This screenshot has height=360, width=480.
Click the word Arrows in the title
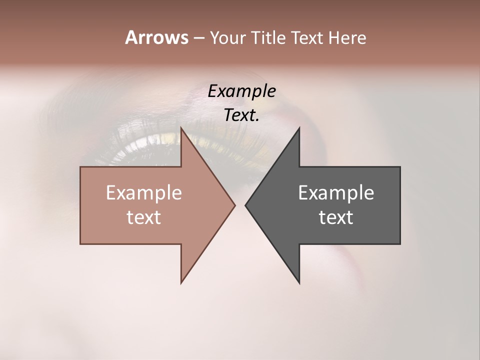[156, 37]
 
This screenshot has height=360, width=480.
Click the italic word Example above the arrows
[241, 91]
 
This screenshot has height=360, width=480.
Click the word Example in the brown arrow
[144, 193]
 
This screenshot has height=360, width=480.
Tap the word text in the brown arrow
[144, 217]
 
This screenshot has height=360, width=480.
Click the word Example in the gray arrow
[336, 193]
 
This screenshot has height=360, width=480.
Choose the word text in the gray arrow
[336, 217]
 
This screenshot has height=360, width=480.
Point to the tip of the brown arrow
[234, 205]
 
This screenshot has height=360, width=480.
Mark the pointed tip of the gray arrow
[245, 205]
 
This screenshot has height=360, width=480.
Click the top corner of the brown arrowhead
[181, 128]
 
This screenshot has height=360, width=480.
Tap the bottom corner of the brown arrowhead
[181, 282]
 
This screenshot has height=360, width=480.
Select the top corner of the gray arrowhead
[299, 128]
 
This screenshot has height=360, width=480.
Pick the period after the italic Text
[258, 120]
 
